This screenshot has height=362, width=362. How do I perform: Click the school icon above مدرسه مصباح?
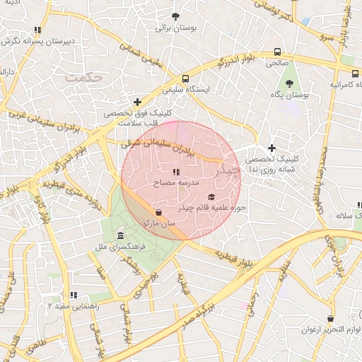[x=176, y=172]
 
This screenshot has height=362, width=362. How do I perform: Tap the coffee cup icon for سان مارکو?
[x=158, y=212]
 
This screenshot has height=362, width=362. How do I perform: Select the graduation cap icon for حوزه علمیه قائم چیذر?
[x=211, y=197]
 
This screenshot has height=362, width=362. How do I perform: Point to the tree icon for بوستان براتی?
[x=176, y=16]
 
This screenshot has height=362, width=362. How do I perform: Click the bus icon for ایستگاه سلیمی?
[x=185, y=79]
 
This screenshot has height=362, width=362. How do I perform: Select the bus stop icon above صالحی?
[x=277, y=52]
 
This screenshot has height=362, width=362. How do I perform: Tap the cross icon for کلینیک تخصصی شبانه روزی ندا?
[x=271, y=148]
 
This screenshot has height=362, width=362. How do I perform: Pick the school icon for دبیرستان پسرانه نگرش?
[x=37, y=30]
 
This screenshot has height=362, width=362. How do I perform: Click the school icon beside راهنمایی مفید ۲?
[x=73, y=295]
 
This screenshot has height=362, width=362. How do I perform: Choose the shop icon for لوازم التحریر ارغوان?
[x=330, y=319]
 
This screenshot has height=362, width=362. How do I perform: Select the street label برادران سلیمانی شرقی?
[x=155, y=146]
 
